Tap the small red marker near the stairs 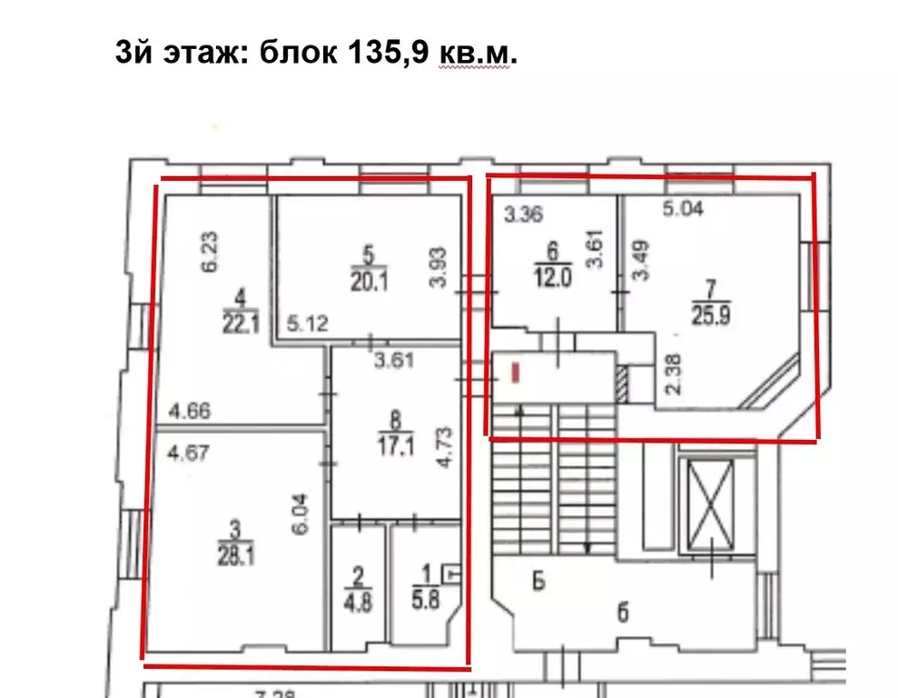pos(517,372)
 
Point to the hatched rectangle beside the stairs pos(621,384)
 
